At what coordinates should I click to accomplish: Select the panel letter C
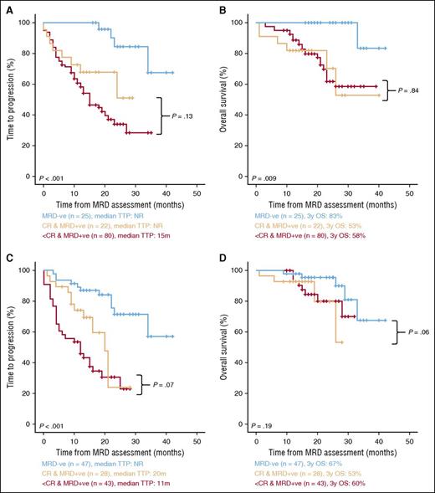coord(8,257)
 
